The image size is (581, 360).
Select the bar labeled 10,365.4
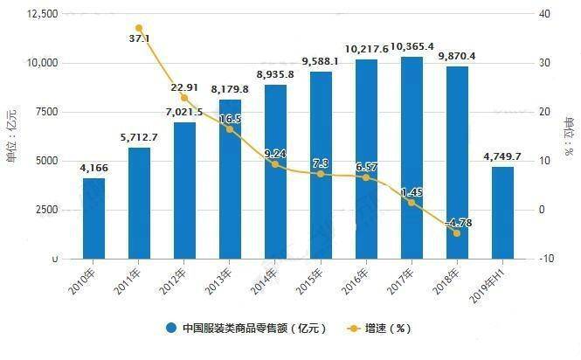tap(411, 158)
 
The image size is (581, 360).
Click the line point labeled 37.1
tap(139, 29)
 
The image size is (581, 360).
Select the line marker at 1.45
tap(411, 202)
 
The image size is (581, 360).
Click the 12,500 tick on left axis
tap(42, 14)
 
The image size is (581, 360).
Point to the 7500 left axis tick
tap(45, 112)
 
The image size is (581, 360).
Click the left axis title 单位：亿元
tap(11, 135)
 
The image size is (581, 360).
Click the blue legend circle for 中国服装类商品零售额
tap(171, 329)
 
